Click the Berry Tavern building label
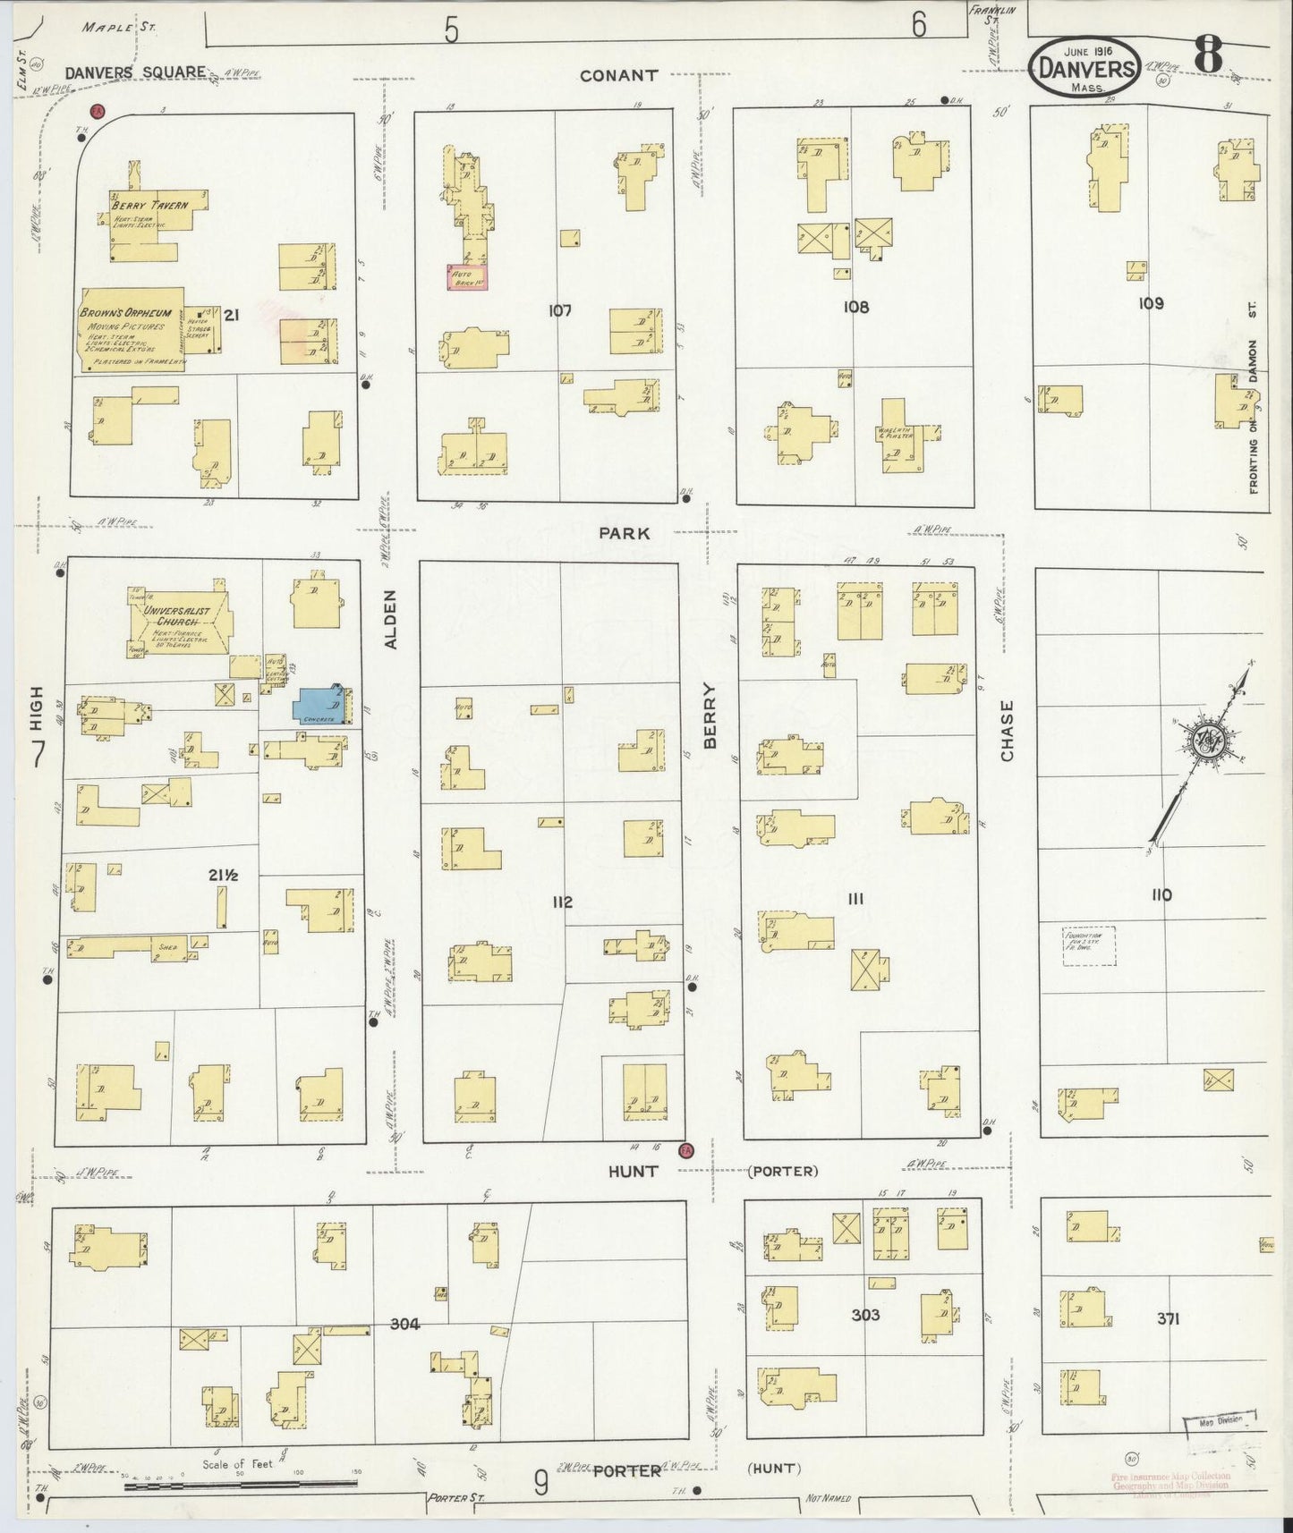(150, 205)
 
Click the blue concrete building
(318, 706)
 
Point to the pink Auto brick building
(466, 276)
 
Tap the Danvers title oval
(1084, 66)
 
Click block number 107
(560, 310)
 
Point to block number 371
(1169, 1318)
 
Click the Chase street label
(1008, 731)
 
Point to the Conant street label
(618, 76)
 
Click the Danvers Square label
(135, 72)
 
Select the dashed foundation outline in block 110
(1088, 945)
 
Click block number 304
(404, 1324)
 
